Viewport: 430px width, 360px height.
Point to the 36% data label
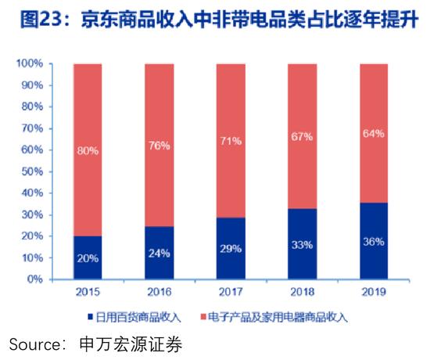pos(373,242)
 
